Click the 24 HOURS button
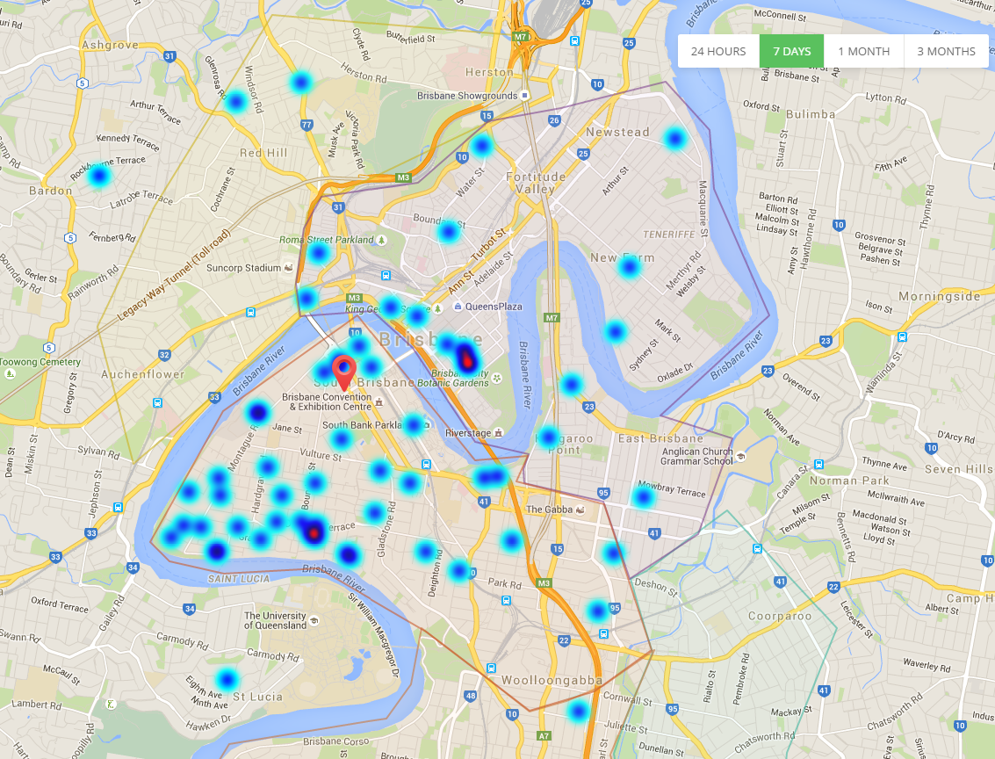pos(717,51)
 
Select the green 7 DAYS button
pos(791,51)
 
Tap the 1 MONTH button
pos(863,51)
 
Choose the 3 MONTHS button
pos(946,51)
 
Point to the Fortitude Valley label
pos(536,183)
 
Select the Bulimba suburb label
pos(810,114)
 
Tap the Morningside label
pos(939,296)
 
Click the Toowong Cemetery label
pos(40,362)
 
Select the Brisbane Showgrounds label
pos(467,96)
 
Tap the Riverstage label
pos(466,433)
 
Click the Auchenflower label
pos(143,374)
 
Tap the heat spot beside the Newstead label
pos(674,138)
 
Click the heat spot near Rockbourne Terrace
pos(98,177)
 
